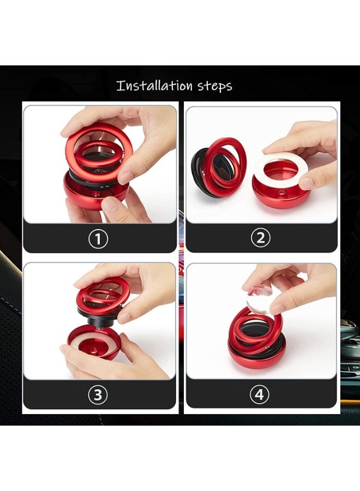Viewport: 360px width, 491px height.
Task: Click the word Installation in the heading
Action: tap(154, 86)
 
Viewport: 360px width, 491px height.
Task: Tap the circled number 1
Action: tap(98, 238)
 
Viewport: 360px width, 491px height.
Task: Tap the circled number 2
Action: tap(260, 238)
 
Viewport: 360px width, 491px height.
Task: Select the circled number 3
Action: tap(98, 395)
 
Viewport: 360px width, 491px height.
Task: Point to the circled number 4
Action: tap(260, 395)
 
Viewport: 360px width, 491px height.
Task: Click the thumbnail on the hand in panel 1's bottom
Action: tap(112, 205)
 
